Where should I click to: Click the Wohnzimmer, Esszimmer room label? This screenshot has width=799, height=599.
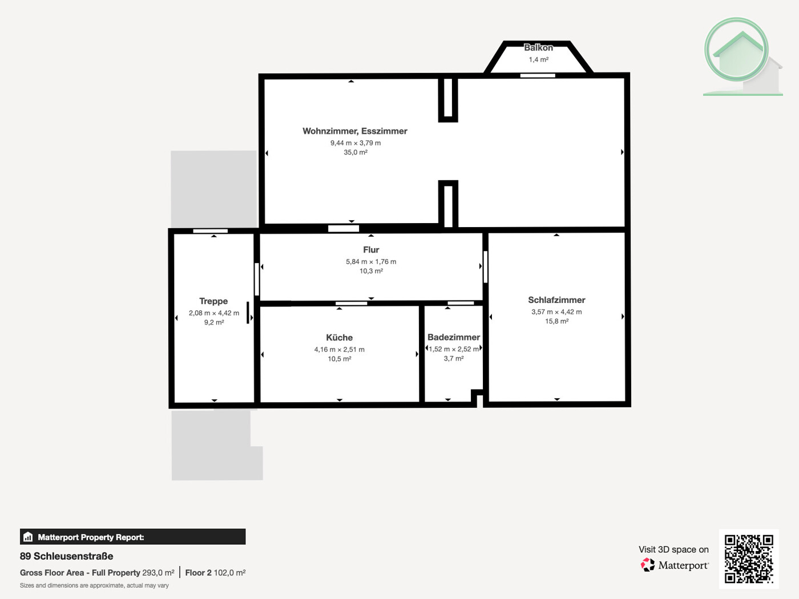pos(354,131)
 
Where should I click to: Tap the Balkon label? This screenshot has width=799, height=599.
pos(538,48)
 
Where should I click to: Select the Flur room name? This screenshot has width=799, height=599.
pos(371,250)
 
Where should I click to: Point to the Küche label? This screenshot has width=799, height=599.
pos(339,338)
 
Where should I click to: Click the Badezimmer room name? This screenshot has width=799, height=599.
pos(454,337)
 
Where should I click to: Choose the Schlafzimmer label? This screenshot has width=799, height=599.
pos(556,300)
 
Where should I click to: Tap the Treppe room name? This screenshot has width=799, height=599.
pos(213,301)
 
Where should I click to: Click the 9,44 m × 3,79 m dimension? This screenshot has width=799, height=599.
pos(355,143)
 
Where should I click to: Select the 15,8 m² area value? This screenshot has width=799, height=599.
pos(556,321)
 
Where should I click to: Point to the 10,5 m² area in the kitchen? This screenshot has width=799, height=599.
pos(339,359)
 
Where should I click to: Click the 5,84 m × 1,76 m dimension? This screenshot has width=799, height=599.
pos(371,262)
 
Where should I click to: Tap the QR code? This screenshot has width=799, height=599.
pos(749,558)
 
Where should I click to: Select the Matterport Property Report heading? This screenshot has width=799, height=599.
pos(91,537)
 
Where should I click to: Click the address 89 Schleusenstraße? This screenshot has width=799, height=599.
pos(66,556)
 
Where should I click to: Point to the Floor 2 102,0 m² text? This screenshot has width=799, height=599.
pos(215,573)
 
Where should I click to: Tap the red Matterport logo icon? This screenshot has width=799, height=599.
pos(648,565)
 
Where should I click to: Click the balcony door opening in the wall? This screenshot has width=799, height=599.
pos(538,75)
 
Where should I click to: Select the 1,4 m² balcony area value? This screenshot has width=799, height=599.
pos(538,60)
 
